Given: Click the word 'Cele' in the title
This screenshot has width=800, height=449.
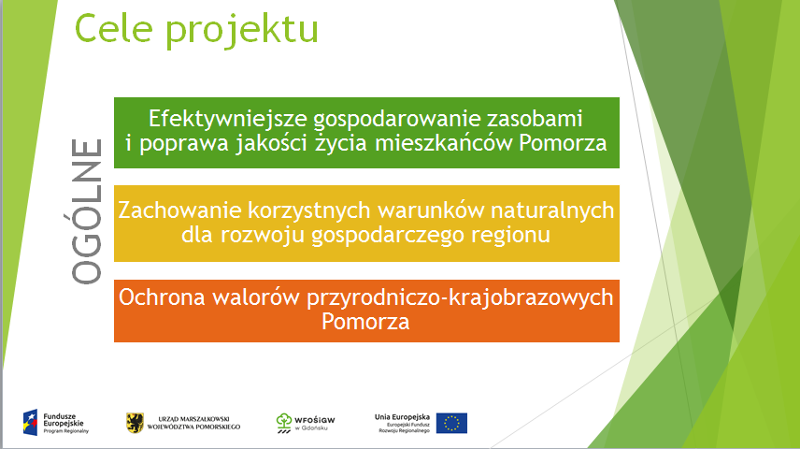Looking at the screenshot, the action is coord(113,29).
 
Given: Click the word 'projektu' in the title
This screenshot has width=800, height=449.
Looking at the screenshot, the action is coord(242,32).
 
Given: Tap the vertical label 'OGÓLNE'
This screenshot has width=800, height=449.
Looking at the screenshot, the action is coord(86,211).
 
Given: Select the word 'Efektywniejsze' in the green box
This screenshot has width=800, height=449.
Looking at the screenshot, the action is coord(227,120).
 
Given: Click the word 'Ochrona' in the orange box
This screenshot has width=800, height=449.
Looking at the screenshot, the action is coord(162,297).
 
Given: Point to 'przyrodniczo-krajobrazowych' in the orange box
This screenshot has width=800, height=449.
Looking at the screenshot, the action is coord(460,298).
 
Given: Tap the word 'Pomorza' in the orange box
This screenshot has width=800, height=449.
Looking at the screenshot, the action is coord(365,322).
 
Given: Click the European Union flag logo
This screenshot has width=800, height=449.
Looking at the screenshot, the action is coord(451,423).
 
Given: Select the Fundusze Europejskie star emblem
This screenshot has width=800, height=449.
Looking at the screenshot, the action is coord(31,423).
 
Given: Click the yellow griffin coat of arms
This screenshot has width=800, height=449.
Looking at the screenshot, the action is coord(135,423).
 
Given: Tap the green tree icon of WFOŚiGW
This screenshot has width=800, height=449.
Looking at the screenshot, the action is coord(284,423).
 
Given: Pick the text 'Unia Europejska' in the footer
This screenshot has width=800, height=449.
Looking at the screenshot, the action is coord(402,417).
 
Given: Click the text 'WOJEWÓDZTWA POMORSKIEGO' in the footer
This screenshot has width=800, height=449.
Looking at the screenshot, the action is coord(193,427).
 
